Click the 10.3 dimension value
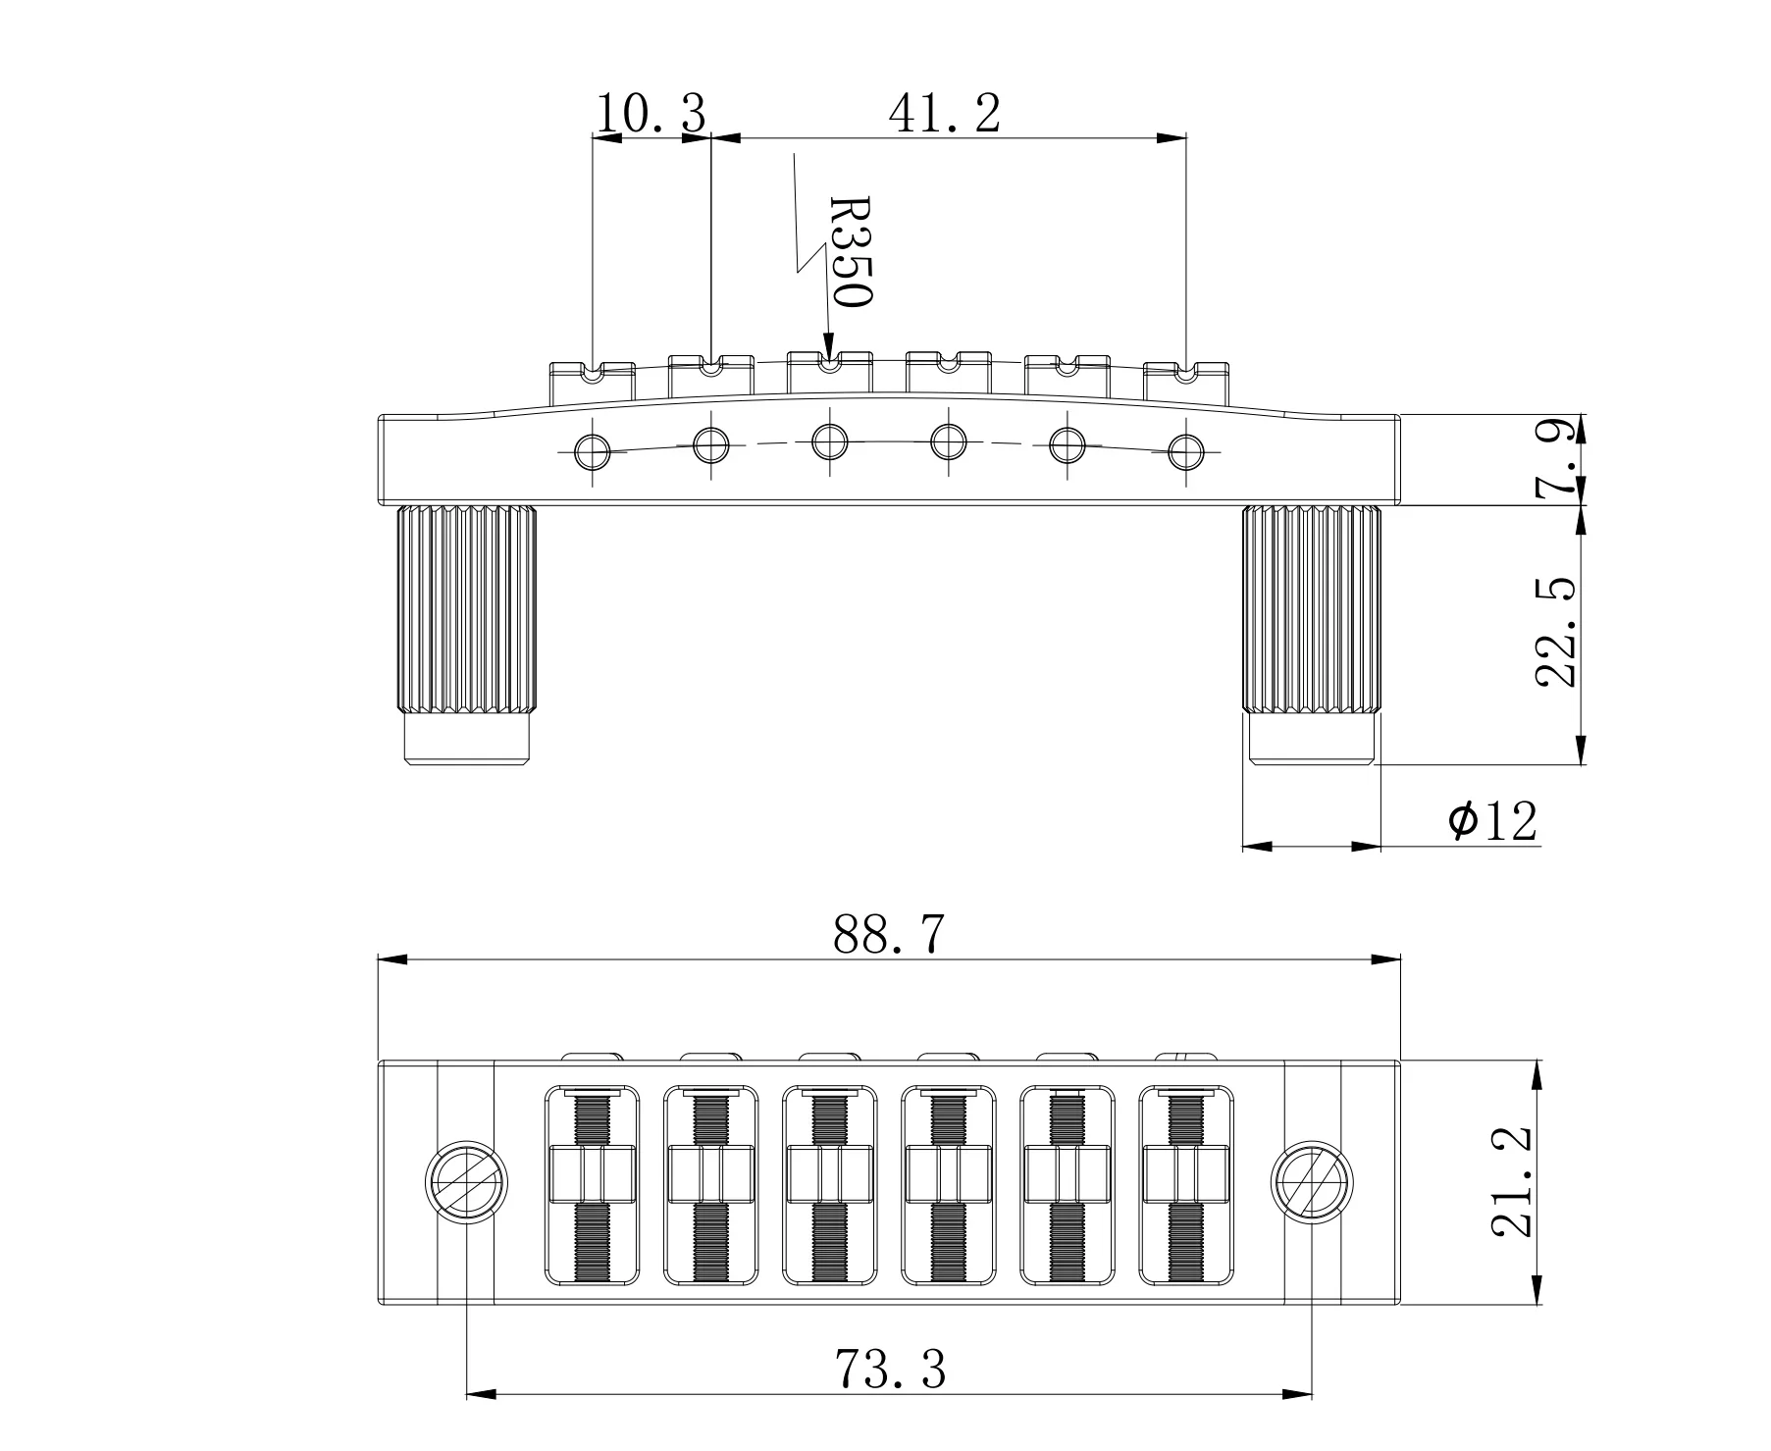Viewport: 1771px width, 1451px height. (651, 114)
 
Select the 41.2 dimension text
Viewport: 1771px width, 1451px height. (944, 114)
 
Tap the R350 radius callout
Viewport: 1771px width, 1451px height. (850, 252)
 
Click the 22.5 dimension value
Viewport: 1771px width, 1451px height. (1557, 632)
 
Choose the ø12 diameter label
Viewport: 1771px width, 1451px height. (1492, 820)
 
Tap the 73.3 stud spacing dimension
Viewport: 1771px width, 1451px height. (890, 1369)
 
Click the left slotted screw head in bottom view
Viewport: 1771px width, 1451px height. (466, 1182)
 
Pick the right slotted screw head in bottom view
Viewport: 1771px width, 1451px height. (1312, 1182)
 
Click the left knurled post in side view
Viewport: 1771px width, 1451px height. (467, 610)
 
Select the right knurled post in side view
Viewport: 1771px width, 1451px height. (1312, 610)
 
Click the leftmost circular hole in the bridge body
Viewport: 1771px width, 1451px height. (593, 450)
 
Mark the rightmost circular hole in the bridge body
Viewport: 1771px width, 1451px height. (1187, 450)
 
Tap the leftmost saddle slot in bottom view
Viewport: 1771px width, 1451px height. (592, 1185)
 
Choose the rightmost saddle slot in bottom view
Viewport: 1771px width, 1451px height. (1185, 1185)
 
